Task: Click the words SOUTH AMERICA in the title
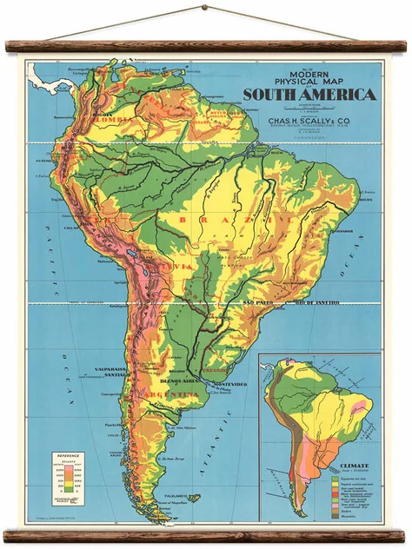(x=309, y=95)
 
